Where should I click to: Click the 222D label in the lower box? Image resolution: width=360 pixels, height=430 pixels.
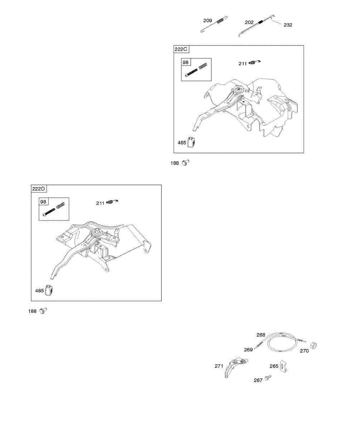pyautogui.click(x=39, y=189)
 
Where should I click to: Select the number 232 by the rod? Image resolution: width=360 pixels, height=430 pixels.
pyautogui.click(x=288, y=25)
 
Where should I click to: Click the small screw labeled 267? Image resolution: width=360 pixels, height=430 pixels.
pyautogui.click(x=268, y=378)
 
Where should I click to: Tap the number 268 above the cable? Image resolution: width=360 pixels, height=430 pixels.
pyautogui.click(x=261, y=335)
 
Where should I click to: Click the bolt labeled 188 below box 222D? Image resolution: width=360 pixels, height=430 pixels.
pyautogui.click(x=43, y=311)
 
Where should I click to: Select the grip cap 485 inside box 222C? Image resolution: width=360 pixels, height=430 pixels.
pyautogui.click(x=193, y=142)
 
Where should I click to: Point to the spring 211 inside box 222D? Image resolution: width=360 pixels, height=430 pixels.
pyautogui.click(x=112, y=202)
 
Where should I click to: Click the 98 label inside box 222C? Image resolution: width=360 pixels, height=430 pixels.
pyautogui.click(x=186, y=62)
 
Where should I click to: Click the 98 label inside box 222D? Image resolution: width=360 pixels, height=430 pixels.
pyautogui.click(x=43, y=202)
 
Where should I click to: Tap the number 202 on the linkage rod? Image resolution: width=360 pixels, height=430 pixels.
pyautogui.click(x=249, y=22)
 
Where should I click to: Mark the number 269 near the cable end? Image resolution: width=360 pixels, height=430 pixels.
pyautogui.click(x=248, y=349)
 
